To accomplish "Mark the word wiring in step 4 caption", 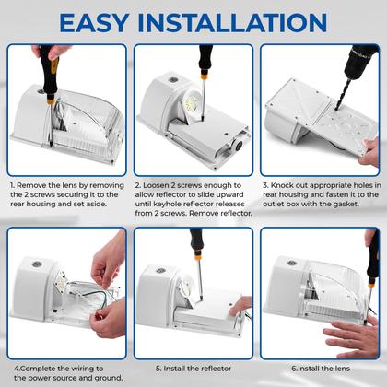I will [76, 368].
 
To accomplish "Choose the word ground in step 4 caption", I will [101, 380].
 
